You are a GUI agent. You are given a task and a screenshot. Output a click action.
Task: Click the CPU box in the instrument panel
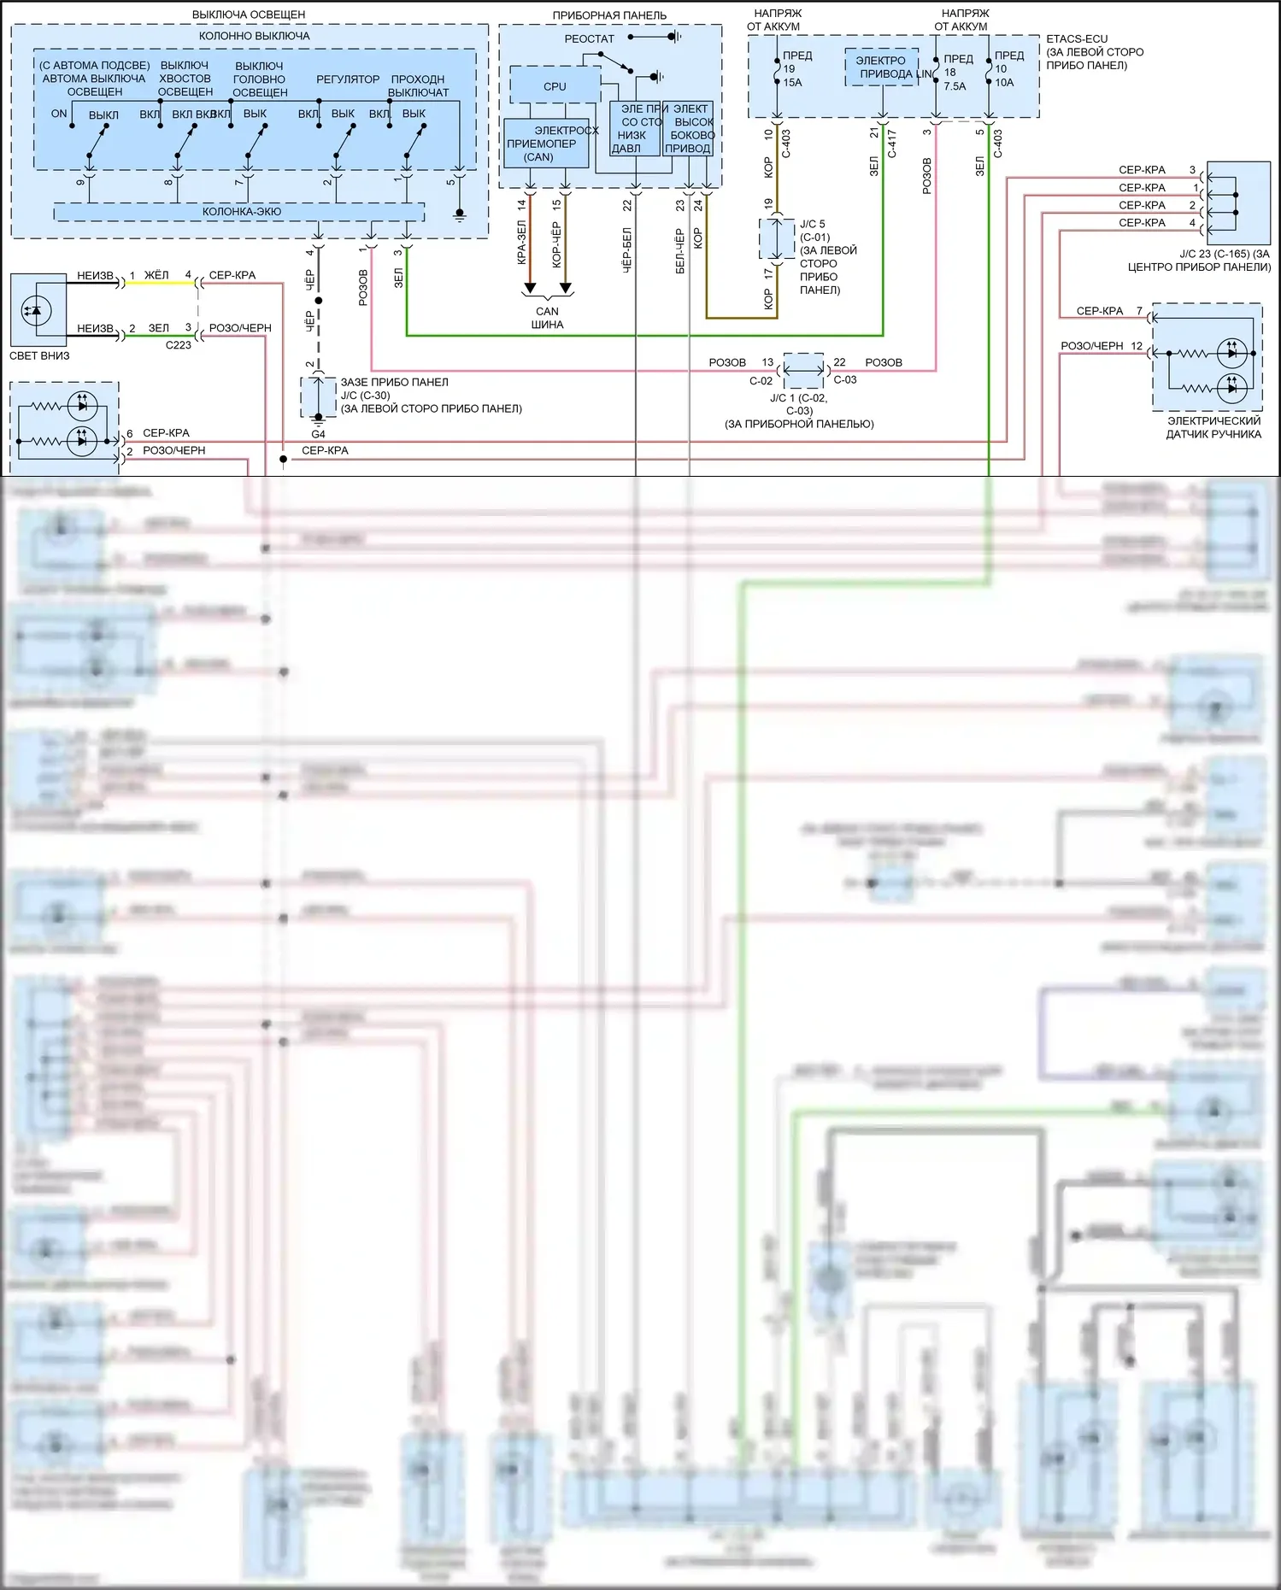coord(554,86)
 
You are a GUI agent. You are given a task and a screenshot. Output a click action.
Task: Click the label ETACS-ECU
coord(1076,39)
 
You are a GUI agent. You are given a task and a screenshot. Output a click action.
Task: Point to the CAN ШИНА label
coord(547,318)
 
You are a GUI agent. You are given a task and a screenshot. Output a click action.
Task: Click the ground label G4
coord(318,434)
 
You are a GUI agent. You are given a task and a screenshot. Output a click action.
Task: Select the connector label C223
coord(179,345)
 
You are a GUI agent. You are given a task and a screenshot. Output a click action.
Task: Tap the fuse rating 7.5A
coord(955,86)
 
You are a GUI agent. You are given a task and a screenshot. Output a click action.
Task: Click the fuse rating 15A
coord(792,83)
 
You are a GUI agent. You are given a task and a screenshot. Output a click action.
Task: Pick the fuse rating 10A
coord(1004,83)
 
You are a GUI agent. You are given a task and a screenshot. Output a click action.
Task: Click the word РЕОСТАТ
coord(589,39)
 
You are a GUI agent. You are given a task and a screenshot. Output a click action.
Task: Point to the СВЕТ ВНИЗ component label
coord(39,355)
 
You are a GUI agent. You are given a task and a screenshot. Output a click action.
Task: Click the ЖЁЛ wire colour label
coord(156,275)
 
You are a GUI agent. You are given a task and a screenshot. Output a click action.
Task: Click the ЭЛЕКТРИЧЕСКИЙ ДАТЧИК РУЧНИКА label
coord(1213,427)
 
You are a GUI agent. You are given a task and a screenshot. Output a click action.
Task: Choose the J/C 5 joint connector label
coord(813,224)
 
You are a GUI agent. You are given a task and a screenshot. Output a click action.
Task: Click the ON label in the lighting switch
coord(59,114)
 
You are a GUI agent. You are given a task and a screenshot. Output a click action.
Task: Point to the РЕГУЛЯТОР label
coord(348,79)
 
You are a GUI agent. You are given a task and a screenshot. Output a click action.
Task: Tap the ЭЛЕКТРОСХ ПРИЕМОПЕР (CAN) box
coord(545,144)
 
